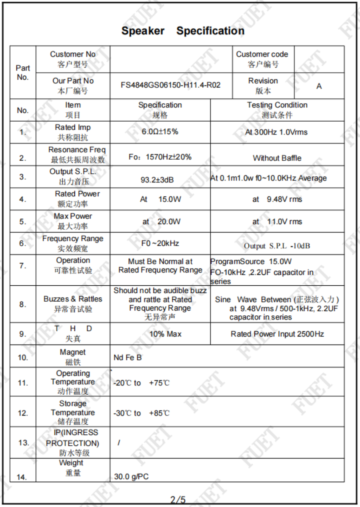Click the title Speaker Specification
point(183,31)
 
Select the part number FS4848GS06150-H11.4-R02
point(171,85)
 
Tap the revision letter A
point(319,86)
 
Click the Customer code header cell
point(263,59)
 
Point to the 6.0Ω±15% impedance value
point(160,132)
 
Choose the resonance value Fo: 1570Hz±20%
point(160,157)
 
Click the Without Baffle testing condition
point(277,158)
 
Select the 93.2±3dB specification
point(157,180)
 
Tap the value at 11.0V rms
point(277,222)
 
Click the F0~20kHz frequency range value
point(160,243)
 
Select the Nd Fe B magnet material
point(128,357)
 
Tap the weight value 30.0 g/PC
point(131,477)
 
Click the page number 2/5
point(178,499)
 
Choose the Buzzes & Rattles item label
point(73,304)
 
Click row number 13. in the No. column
point(23,443)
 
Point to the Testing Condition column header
point(277,110)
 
